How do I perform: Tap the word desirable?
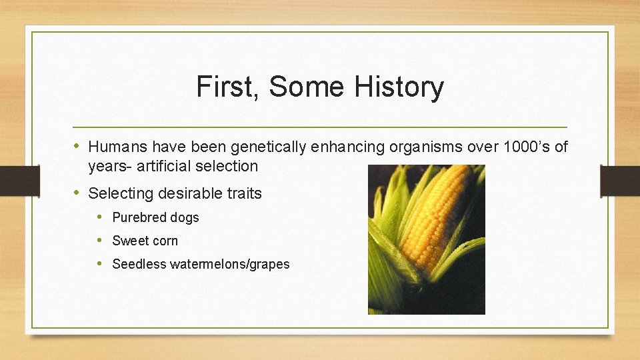tap(183, 194)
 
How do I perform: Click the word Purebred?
tap(139, 217)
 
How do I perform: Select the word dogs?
tap(184, 217)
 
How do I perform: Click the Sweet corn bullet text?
tap(145, 241)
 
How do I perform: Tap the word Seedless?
tap(139, 264)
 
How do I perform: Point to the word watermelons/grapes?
tap(230, 264)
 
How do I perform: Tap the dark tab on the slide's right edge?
tap(619, 181)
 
